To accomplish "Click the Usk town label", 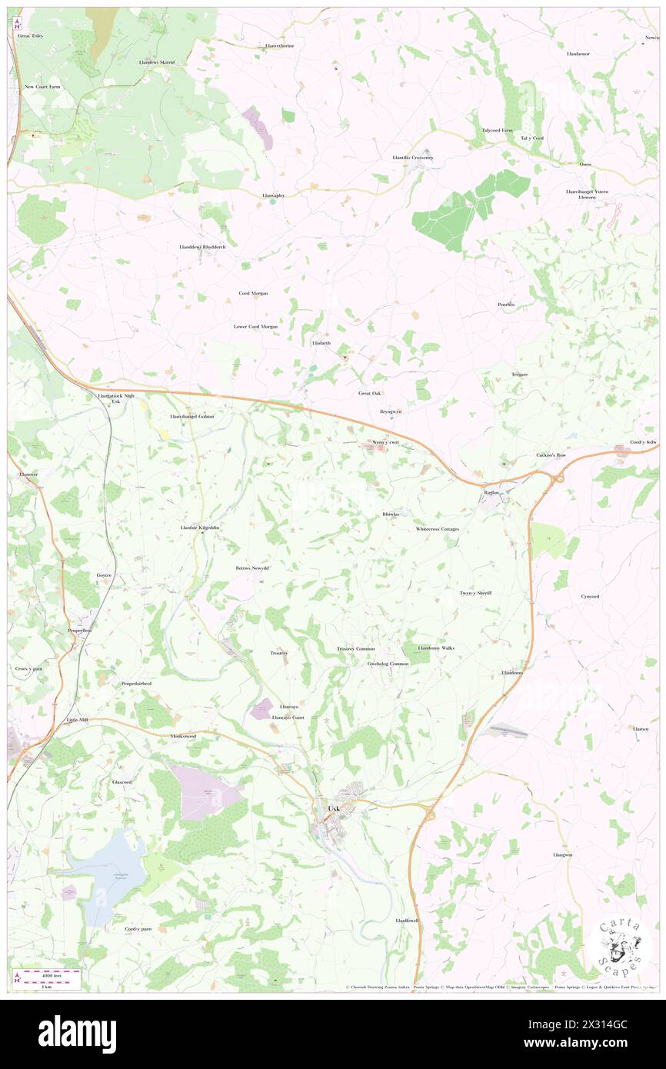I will [334, 808].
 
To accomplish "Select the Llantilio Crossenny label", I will [413, 158].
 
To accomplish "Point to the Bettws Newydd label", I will [252, 568].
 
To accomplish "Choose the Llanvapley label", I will [273, 195].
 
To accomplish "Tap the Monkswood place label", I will [183, 736].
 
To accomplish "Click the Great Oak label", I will [370, 393].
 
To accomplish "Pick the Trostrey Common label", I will [355, 648].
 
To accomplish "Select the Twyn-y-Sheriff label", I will [475, 593].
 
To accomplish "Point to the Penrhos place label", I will [505, 305].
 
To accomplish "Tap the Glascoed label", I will [122, 781].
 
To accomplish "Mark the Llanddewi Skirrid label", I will [157, 62].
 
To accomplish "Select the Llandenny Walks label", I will [436, 648].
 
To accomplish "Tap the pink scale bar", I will [51, 973].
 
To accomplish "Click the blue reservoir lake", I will [108, 869].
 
